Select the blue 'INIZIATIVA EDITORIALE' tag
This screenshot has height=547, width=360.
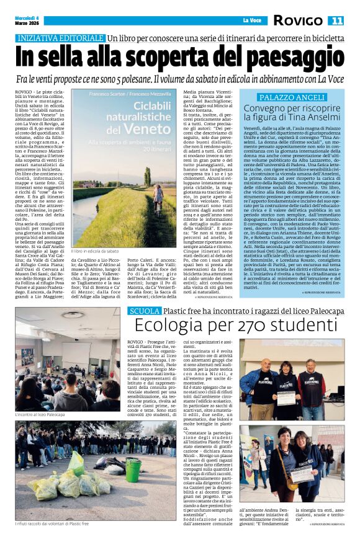click(x=60, y=38)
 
